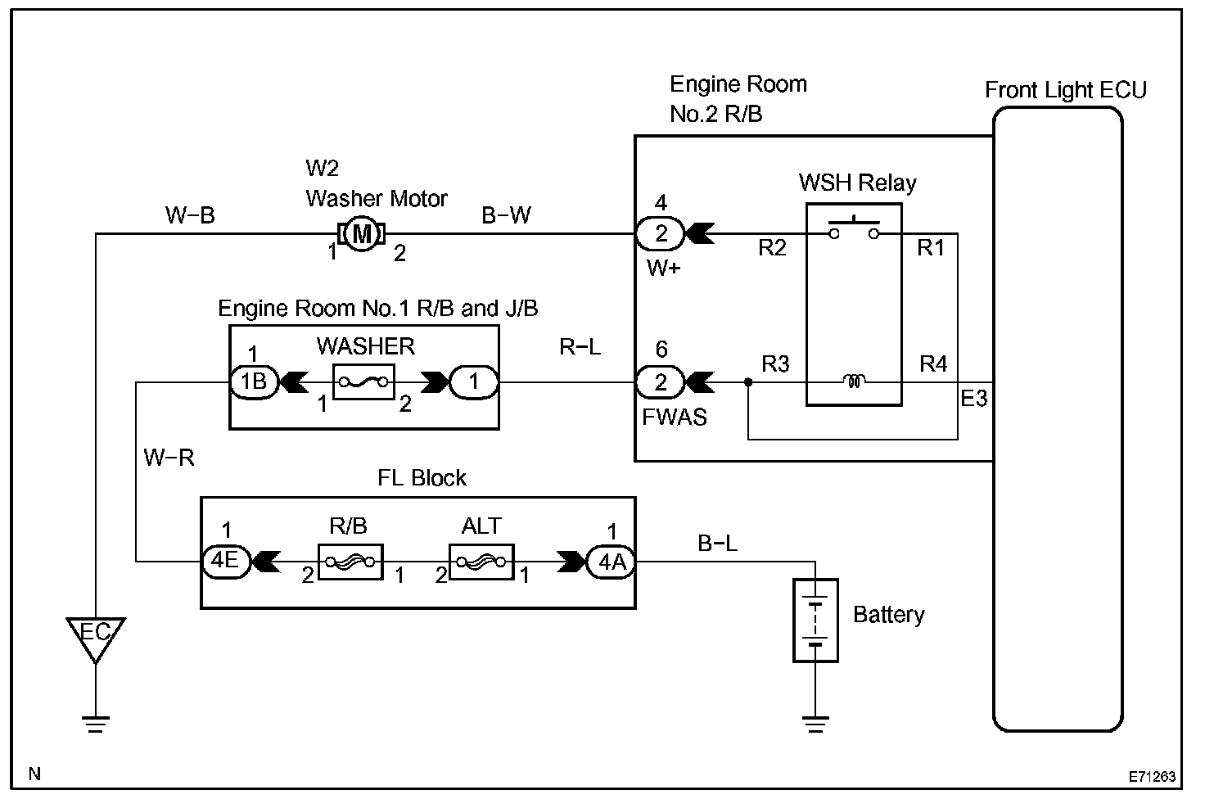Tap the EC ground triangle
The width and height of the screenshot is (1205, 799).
[x=96, y=635]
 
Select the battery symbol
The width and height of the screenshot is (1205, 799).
[x=815, y=620]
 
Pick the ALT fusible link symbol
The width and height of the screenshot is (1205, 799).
[x=481, y=562]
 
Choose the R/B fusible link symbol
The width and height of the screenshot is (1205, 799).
[x=350, y=562]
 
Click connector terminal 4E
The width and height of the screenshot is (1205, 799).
[x=225, y=562]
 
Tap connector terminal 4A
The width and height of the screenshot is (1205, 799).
[x=612, y=562]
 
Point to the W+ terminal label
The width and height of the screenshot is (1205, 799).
[x=663, y=268]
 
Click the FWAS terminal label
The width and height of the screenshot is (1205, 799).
[x=675, y=417]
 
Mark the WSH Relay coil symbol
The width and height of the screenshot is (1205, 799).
[x=854, y=381]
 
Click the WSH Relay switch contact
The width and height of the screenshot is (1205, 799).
[x=854, y=229]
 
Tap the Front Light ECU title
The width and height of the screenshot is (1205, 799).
[x=1065, y=90]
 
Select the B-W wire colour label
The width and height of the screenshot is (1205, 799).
[x=506, y=215]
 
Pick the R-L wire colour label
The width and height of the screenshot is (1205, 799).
[x=580, y=347]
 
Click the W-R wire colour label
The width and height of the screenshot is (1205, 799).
[x=169, y=458]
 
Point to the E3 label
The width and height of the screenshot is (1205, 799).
[x=974, y=399]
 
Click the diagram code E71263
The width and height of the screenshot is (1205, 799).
[x=1153, y=775]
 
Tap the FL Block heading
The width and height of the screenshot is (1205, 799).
[x=422, y=478]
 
